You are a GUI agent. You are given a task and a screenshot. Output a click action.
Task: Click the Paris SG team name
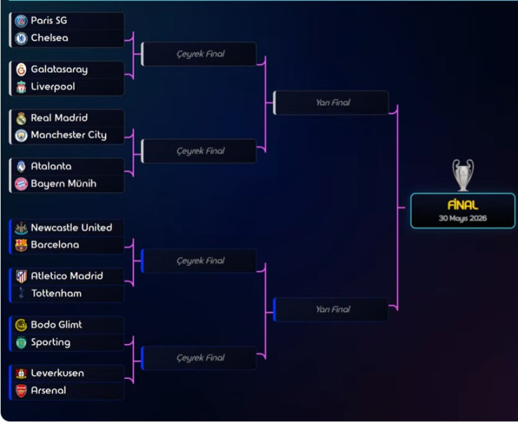(x=49, y=21)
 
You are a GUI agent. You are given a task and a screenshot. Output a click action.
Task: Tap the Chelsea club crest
(x=21, y=39)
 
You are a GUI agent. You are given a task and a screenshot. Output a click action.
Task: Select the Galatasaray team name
(x=59, y=69)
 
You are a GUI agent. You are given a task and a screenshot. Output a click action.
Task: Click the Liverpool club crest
(x=21, y=87)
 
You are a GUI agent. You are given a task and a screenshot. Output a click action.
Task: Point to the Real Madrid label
(x=59, y=117)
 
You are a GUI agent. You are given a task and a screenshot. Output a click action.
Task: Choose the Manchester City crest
(x=21, y=135)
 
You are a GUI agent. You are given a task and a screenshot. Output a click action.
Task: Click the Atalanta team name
(x=51, y=166)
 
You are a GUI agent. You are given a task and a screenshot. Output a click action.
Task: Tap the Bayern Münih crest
(x=21, y=184)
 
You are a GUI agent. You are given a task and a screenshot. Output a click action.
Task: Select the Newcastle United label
(x=71, y=227)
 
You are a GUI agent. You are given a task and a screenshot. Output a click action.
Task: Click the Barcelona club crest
(x=21, y=245)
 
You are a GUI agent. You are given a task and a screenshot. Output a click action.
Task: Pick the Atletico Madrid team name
(x=67, y=276)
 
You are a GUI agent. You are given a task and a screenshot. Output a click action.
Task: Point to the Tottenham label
(x=56, y=293)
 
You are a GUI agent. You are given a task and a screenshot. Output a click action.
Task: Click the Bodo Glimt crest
(x=21, y=325)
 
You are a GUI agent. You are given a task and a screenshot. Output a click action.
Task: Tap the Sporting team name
(x=50, y=342)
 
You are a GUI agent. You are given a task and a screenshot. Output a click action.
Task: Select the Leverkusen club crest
(x=21, y=373)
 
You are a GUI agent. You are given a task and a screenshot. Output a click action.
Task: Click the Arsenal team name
(x=48, y=390)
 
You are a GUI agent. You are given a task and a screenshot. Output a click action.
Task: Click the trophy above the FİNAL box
(x=463, y=175)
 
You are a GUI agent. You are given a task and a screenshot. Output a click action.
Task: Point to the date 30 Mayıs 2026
(x=463, y=218)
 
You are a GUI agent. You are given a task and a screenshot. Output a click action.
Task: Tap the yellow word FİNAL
(x=463, y=205)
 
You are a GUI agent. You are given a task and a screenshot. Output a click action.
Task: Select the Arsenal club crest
(x=21, y=391)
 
